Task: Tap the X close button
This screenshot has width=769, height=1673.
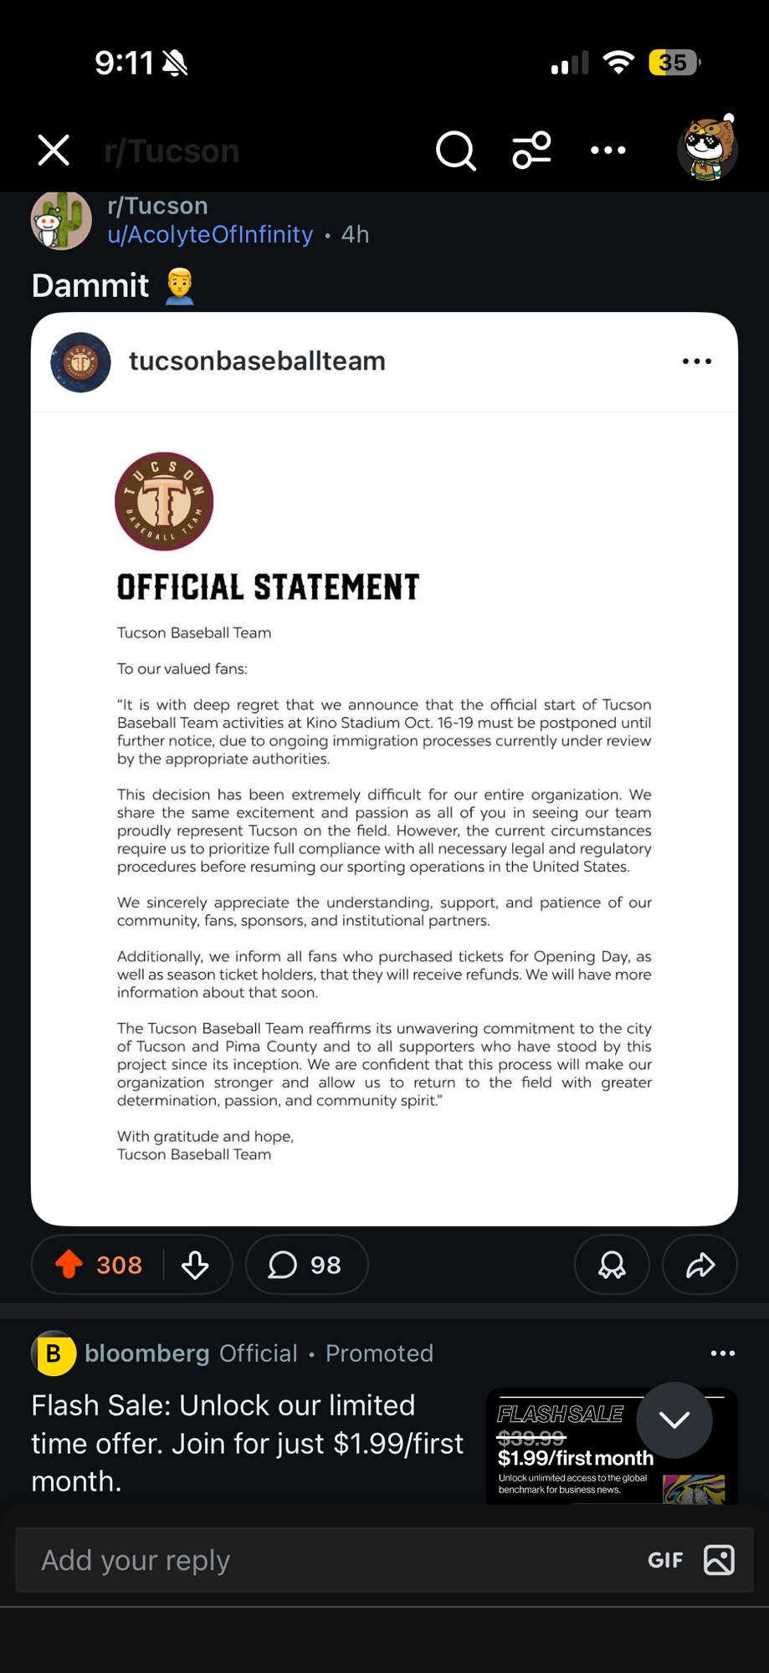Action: click(x=54, y=151)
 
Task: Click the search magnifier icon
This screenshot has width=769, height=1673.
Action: click(x=455, y=151)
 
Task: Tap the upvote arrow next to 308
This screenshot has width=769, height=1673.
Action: click(x=69, y=1264)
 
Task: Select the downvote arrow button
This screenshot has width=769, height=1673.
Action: click(x=196, y=1265)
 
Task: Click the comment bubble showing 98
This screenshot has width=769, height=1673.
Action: click(x=305, y=1265)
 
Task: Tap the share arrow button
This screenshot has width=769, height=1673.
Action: click(x=700, y=1265)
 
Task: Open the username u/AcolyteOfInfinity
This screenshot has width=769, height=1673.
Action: click(x=210, y=234)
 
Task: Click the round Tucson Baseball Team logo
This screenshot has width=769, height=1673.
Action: click(x=164, y=501)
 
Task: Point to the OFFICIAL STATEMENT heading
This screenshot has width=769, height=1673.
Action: click(x=268, y=587)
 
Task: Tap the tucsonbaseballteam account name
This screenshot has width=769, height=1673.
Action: click(x=257, y=361)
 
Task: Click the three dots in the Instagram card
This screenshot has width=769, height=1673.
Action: click(x=696, y=361)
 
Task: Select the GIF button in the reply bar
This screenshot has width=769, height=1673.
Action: click(x=665, y=1560)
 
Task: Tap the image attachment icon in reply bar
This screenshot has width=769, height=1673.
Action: click(x=720, y=1560)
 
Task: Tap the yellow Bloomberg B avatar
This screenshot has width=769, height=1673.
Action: click(x=54, y=1353)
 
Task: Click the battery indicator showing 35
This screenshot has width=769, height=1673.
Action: click(x=674, y=63)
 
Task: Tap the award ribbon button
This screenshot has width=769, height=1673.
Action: click(x=612, y=1265)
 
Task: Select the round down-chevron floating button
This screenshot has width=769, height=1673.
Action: click(x=674, y=1420)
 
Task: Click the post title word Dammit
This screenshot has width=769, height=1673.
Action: click(x=90, y=285)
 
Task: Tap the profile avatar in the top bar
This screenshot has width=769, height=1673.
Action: click(x=707, y=149)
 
